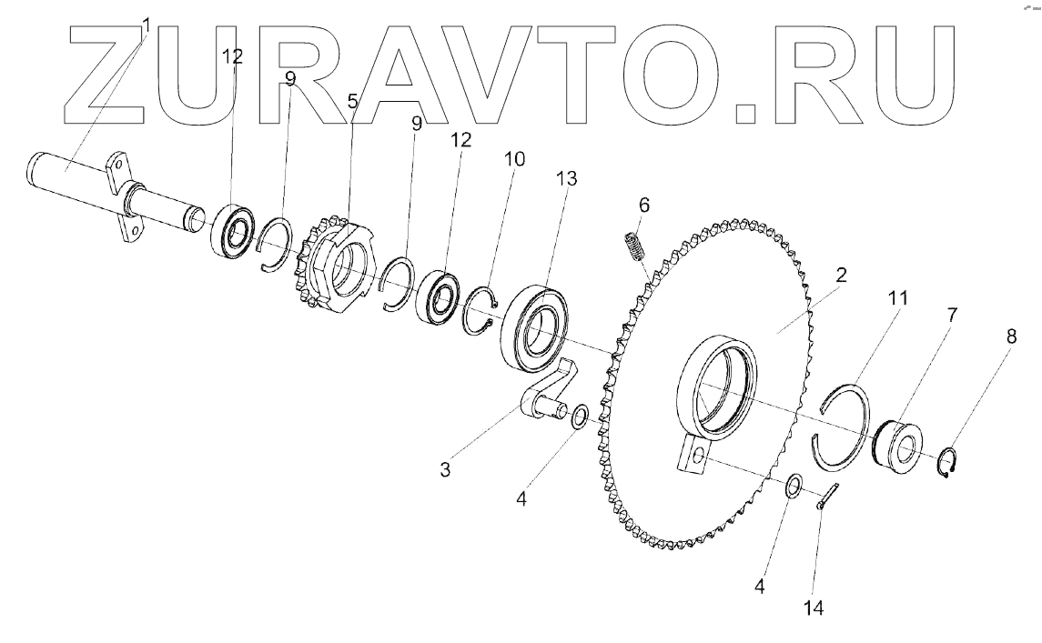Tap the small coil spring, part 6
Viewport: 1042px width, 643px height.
pyautogui.click(x=630, y=246)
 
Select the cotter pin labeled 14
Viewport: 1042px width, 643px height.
pyautogui.click(x=827, y=497)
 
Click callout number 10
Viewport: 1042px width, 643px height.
pyautogui.click(x=514, y=158)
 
